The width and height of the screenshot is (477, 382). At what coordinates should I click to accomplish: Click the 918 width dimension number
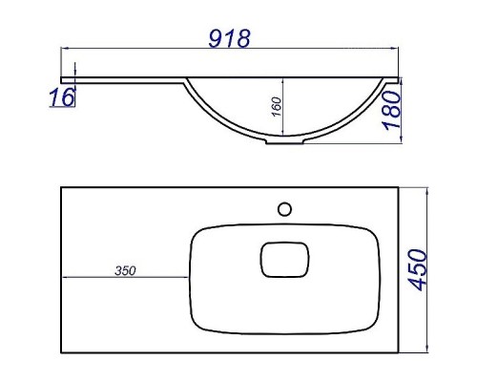(229, 38)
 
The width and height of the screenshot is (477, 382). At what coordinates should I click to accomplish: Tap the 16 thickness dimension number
(62, 97)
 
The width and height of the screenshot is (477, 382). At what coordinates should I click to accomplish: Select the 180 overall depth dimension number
(391, 110)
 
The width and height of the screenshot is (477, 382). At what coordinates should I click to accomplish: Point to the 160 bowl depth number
(277, 107)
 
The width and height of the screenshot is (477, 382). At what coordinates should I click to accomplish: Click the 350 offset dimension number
(125, 271)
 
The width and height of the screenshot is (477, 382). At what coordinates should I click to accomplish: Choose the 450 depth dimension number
(417, 270)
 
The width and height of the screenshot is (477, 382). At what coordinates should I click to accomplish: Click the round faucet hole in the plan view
(284, 209)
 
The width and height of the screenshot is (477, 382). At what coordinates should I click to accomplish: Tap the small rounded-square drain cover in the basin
(284, 260)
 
